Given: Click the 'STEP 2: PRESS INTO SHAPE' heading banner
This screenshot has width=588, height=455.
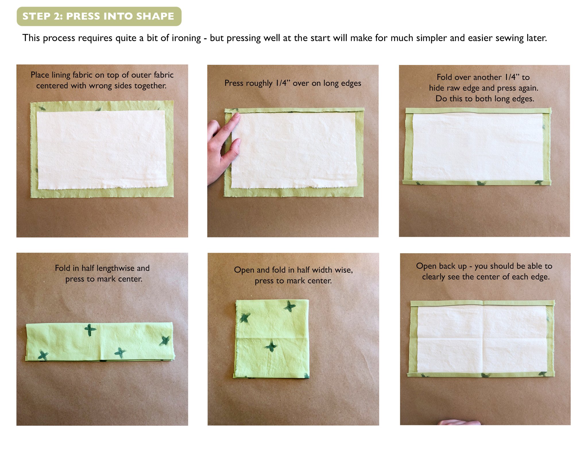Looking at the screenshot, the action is tap(99, 16).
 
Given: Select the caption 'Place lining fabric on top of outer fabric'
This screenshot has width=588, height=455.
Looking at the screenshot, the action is tap(102, 75).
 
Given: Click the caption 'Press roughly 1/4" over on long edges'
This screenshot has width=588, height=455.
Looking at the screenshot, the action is tap(293, 83).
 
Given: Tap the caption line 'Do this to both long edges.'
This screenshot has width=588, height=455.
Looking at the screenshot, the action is tap(485, 99).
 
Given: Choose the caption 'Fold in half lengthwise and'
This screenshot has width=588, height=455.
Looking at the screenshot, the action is tap(102, 268).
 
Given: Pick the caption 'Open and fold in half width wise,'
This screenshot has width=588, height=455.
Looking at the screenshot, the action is tap(293, 270).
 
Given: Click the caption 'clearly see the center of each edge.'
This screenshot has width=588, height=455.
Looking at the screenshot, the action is tap(486, 277).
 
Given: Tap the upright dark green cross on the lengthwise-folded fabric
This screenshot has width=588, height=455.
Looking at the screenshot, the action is tap(90, 330).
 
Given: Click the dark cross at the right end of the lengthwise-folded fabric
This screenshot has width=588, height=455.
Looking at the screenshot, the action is tap(165, 340).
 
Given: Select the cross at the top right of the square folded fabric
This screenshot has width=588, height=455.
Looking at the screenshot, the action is tap(290, 306).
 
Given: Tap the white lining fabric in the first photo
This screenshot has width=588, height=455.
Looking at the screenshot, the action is tap(102, 149).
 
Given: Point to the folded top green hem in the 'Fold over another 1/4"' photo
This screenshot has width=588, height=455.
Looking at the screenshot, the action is tap(478, 111).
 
